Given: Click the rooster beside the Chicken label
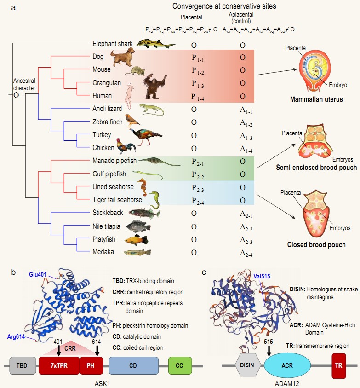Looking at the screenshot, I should coord(126,146).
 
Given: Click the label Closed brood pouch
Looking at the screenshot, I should coord(316,245).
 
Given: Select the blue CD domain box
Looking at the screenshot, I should coord(133,366).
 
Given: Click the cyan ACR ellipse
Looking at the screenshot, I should coord(284,366).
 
